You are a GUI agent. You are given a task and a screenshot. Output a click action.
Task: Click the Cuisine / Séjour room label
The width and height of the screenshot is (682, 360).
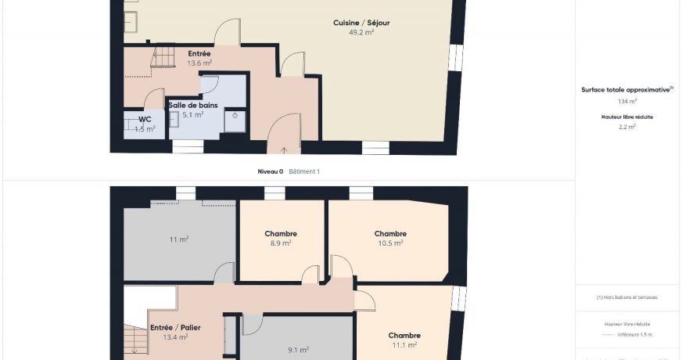point(361,23)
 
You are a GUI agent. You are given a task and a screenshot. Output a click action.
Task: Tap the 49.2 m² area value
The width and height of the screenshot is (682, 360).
point(361,33)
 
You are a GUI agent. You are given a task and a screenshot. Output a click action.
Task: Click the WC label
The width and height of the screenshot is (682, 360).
point(145,119)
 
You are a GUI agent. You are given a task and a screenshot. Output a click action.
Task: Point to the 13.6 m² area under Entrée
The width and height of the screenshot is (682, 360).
point(199,63)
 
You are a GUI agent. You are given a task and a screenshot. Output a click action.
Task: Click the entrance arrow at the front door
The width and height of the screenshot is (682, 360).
point(284,149)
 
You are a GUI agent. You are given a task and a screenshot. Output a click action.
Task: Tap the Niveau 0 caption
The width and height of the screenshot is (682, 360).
point(271,171)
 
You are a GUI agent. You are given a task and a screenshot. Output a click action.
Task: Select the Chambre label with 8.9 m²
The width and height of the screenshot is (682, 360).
point(281,233)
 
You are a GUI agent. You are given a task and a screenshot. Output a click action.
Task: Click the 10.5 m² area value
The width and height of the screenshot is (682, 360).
point(390,243)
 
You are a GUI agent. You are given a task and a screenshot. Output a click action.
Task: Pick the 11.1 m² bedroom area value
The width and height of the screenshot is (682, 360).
point(404,344)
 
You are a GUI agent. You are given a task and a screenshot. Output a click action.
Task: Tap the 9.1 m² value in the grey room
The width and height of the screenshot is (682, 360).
point(298,350)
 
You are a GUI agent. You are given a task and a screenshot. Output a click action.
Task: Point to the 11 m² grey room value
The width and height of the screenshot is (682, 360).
point(178,239)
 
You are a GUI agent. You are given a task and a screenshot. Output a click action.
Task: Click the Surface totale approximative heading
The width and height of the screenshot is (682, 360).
point(626,90)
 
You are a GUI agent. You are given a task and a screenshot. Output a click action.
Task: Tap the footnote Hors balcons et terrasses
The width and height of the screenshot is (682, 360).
point(627,297)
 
